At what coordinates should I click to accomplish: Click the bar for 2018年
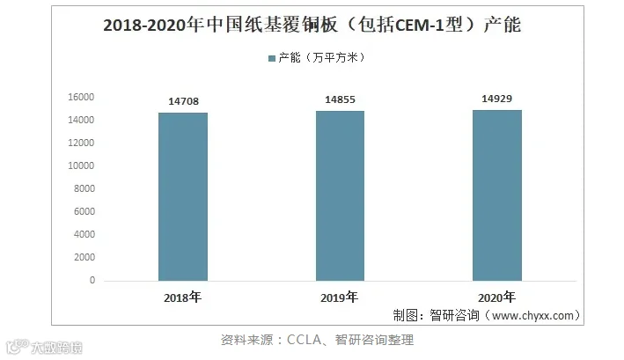[x=183, y=197]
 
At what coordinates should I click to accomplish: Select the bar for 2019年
[x=340, y=196]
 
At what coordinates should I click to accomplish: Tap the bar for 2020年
[x=497, y=195]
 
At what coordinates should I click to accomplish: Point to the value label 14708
[x=183, y=101]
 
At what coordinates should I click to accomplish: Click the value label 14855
[x=340, y=99]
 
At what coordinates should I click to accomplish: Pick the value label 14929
[x=496, y=99]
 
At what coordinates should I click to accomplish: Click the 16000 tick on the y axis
[x=81, y=97]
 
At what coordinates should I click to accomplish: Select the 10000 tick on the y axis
[x=81, y=165]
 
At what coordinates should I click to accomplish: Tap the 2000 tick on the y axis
[x=84, y=257]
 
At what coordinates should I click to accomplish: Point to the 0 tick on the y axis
[x=92, y=281]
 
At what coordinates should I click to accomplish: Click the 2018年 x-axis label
[x=183, y=298]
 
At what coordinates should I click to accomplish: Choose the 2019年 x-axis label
[x=340, y=298]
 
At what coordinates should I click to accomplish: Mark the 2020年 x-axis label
[x=496, y=298]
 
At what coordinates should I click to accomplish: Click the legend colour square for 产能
[x=272, y=58]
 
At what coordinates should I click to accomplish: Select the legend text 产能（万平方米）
[x=322, y=58]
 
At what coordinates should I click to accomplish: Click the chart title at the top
[x=312, y=25]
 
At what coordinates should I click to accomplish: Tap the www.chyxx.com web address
[x=532, y=316]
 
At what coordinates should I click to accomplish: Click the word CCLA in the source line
[x=304, y=340]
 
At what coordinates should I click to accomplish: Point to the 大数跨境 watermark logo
[x=44, y=348]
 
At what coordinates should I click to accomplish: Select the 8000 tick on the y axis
[x=84, y=188]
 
